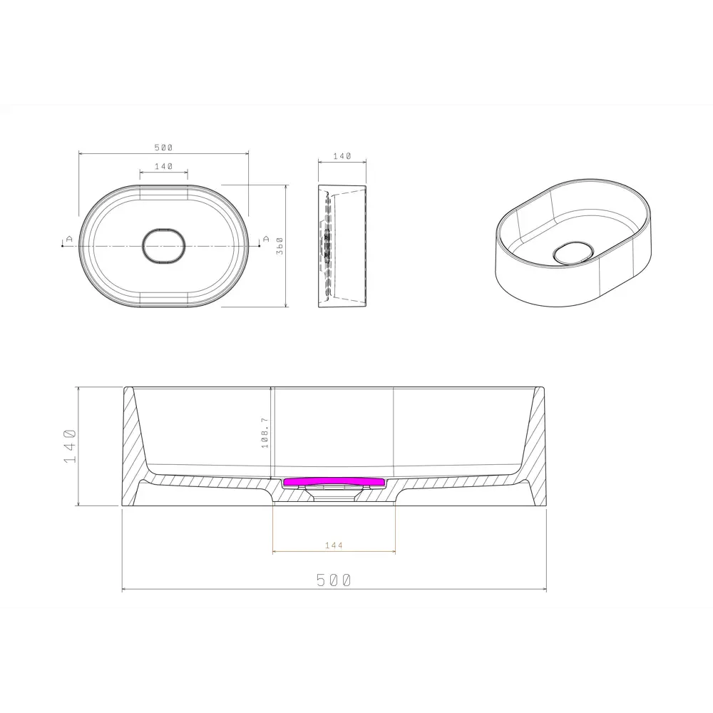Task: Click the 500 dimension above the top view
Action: tap(163, 148)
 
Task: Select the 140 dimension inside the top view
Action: tap(163, 166)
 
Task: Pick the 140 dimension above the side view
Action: tap(342, 156)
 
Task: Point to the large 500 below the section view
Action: tap(334, 580)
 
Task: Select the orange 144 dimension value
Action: tap(334, 545)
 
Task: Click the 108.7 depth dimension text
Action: tap(265, 434)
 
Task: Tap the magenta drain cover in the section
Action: tap(334, 482)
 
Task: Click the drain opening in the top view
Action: tap(164, 246)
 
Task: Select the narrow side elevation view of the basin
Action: tap(342, 246)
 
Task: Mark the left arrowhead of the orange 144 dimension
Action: tap(275, 552)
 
